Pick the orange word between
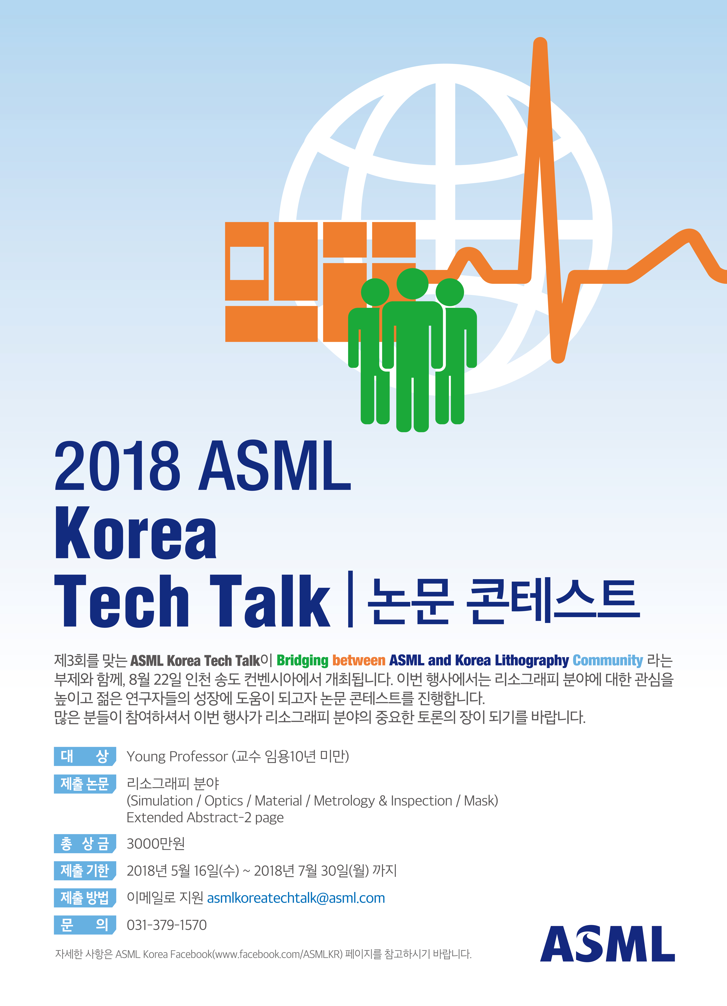click(x=359, y=660)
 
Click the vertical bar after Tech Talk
click(x=351, y=599)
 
